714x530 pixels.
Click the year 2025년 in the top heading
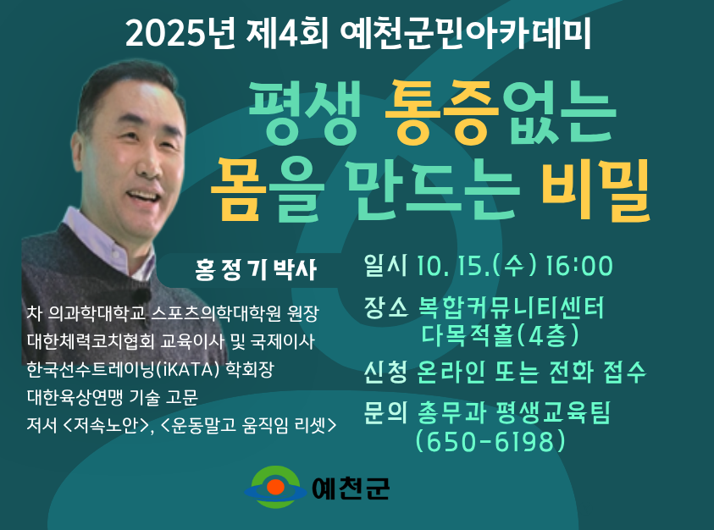pyautogui.click(x=180, y=33)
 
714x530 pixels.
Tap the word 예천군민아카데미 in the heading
pyautogui.click(x=465, y=33)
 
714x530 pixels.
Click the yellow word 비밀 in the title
pyautogui.click(x=596, y=190)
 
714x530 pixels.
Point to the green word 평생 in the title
pyautogui.click(x=304, y=111)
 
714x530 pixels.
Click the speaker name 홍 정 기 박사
pyautogui.click(x=256, y=269)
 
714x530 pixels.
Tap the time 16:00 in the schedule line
pyautogui.click(x=578, y=266)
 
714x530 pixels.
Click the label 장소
pyautogui.click(x=385, y=307)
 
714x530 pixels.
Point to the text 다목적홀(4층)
pyautogui.click(x=500, y=335)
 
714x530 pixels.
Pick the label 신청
pyautogui.click(x=385, y=372)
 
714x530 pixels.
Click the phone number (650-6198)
pyautogui.click(x=490, y=441)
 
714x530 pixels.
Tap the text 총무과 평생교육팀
pyautogui.click(x=513, y=412)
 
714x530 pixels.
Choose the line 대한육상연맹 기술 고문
pyautogui.click(x=113, y=397)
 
